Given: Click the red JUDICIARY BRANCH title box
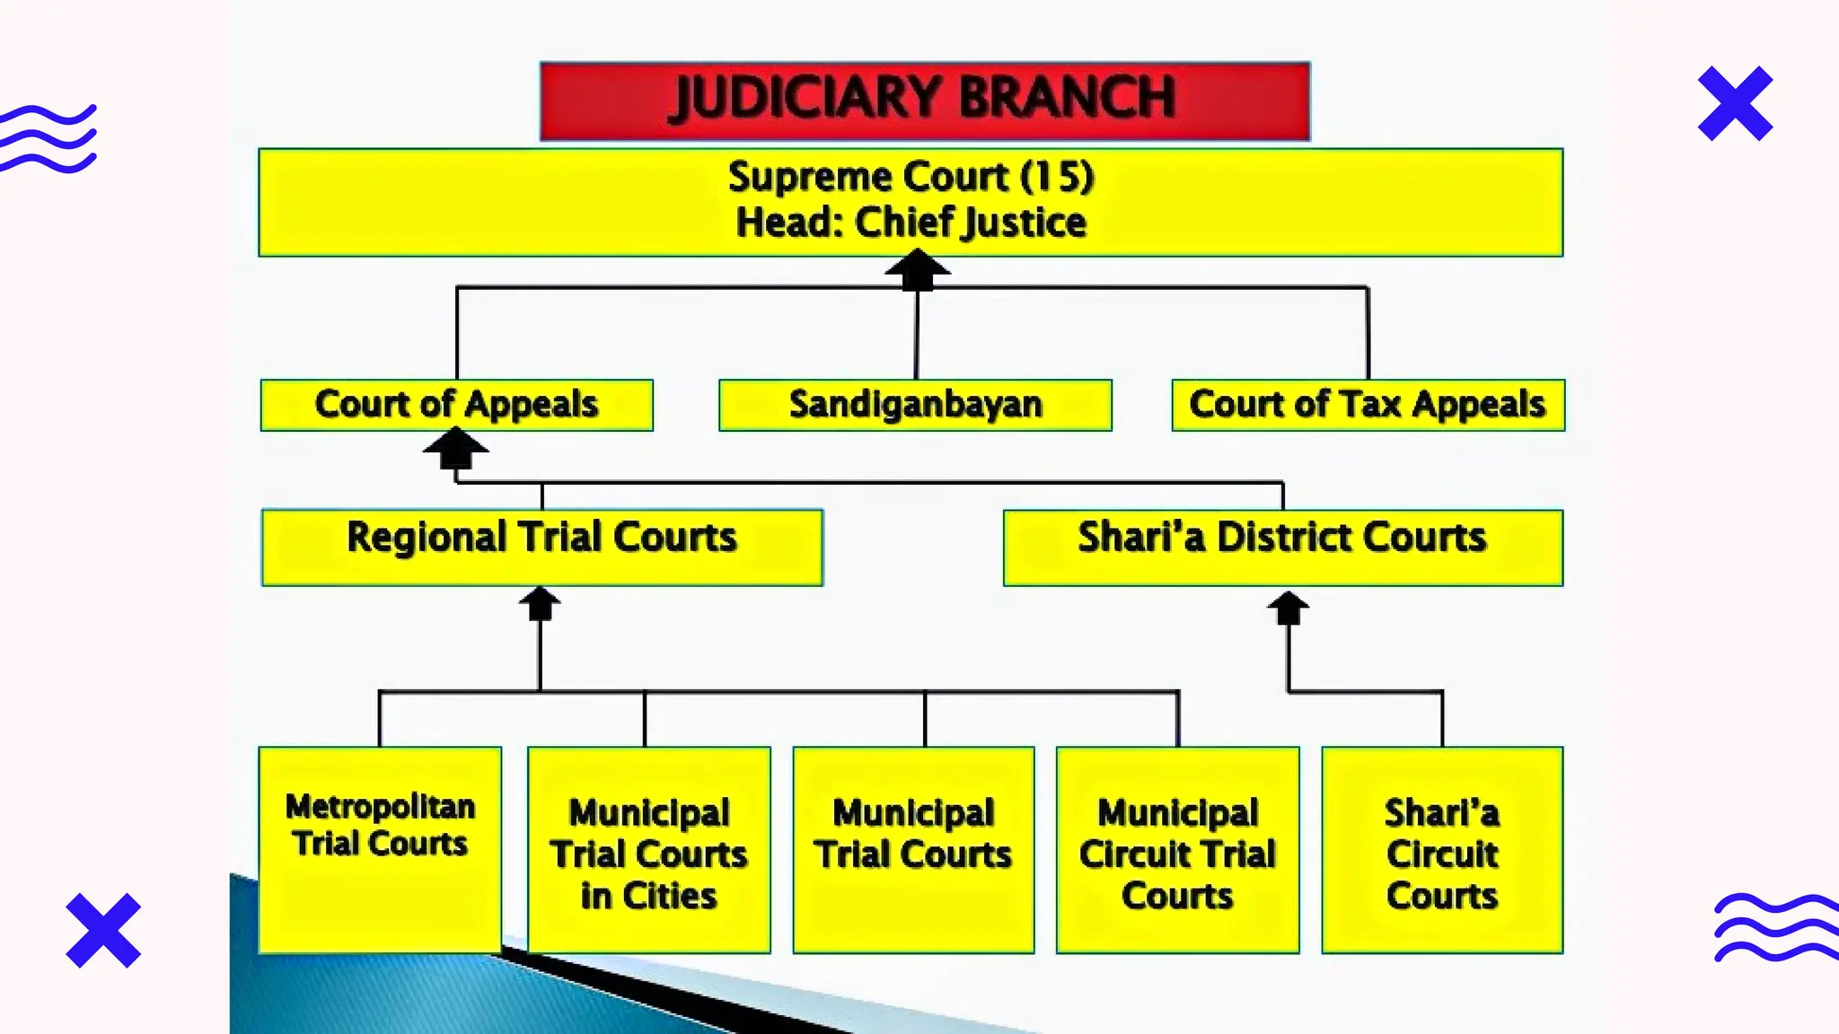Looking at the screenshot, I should [925, 101].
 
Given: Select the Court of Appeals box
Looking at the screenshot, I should [456, 405].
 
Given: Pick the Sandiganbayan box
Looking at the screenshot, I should [915, 405].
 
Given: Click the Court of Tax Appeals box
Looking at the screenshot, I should [1368, 405].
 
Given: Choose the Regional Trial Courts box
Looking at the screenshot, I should [541, 547].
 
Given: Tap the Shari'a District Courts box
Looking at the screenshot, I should [1282, 547].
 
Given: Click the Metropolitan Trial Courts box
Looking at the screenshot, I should [380, 848].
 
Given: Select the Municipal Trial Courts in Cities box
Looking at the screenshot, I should [648, 848].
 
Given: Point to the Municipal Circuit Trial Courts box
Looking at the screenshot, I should [1177, 848].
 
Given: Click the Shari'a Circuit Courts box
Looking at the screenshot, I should [1442, 848].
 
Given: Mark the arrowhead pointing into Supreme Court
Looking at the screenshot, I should [917, 268].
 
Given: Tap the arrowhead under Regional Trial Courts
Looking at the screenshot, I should [540, 602].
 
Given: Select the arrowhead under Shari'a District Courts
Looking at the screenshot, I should [1288, 607].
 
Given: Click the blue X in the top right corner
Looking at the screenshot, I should [1735, 103].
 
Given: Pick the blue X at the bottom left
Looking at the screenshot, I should [103, 930].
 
